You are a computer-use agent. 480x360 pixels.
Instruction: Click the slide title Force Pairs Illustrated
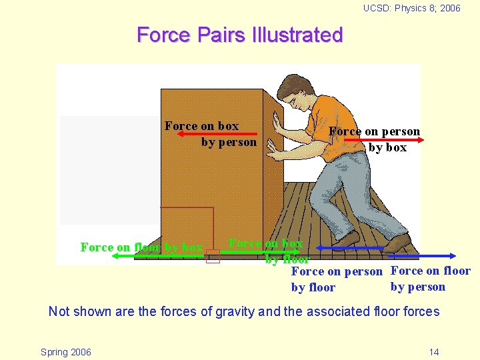tap(239, 35)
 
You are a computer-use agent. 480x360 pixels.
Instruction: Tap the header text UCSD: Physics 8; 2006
tap(411, 8)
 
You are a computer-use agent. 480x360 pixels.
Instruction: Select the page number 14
tap(434, 352)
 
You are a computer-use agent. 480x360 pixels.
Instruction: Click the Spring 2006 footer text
tap(66, 352)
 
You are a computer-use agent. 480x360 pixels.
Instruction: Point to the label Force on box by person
tap(210, 133)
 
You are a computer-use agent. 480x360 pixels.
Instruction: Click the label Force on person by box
tap(375, 139)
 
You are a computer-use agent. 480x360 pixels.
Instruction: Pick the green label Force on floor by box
tap(141, 247)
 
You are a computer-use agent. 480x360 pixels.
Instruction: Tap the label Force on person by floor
tap(336, 279)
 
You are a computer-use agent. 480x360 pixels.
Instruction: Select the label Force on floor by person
tap(430, 279)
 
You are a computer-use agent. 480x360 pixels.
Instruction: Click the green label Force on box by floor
tap(266, 251)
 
